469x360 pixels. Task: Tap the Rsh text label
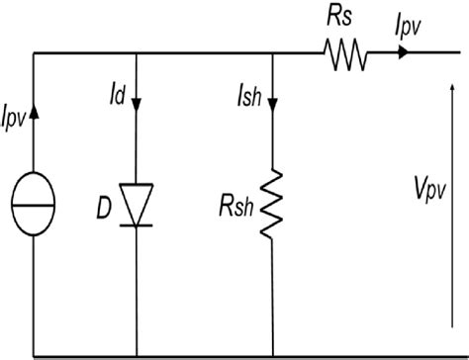coord(238,211)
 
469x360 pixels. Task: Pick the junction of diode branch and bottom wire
coord(136,355)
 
